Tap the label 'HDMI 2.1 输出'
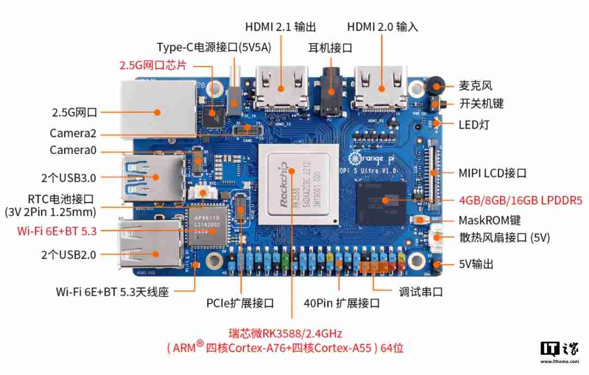pyautogui.click(x=280, y=27)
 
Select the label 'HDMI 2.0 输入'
pyautogui.click(x=383, y=27)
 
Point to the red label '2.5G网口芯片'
pyautogui.click(x=153, y=66)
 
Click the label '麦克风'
pyautogui.click(x=475, y=86)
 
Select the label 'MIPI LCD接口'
pyautogui.click(x=492, y=174)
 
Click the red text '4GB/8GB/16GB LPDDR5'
pyautogui.click(x=520, y=200)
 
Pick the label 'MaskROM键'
pyautogui.click(x=489, y=221)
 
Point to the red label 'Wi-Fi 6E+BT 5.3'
pyautogui.click(x=57, y=231)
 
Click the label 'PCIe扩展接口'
pyautogui.click(x=240, y=303)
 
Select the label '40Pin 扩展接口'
pyautogui.click(x=341, y=303)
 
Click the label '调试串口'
pyautogui.click(x=420, y=292)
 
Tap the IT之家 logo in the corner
pyautogui.click(x=559, y=352)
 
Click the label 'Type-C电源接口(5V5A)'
pyautogui.click(x=214, y=47)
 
